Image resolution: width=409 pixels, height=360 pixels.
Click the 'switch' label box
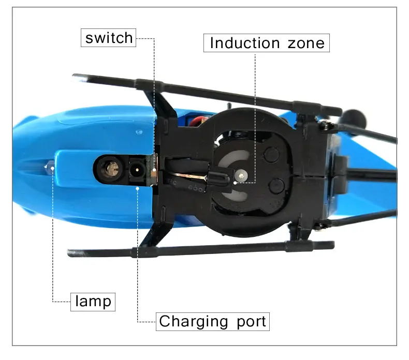(109, 38)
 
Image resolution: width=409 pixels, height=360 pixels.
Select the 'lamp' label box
(93, 301)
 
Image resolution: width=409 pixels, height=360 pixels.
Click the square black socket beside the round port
(136, 169)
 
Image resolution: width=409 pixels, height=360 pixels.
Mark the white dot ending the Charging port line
(138, 188)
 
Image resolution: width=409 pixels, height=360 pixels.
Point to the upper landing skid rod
(207, 88)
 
